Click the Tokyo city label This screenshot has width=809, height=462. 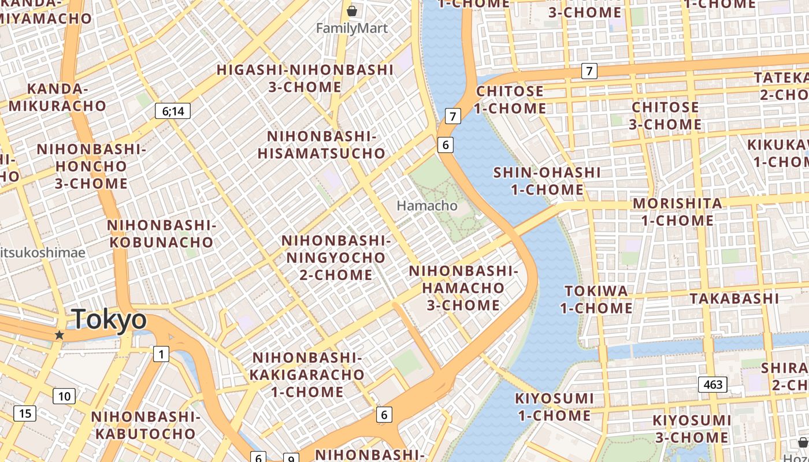click(109, 320)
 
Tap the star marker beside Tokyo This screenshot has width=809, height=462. click(59, 335)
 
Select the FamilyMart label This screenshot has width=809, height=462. click(351, 28)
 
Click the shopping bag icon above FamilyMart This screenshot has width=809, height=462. click(351, 11)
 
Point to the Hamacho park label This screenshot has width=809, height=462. click(427, 206)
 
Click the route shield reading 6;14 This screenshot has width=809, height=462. click(173, 111)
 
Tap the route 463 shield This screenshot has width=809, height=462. click(712, 384)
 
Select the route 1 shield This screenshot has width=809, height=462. click(161, 354)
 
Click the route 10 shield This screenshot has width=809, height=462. click(64, 396)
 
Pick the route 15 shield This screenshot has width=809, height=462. click(25, 413)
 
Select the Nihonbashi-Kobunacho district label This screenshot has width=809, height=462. click(161, 233)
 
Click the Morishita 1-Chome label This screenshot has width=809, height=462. click(677, 212)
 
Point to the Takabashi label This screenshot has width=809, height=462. click(734, 299)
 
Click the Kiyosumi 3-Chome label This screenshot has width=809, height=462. click(692, 429)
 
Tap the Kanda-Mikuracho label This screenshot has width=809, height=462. click(57, 98)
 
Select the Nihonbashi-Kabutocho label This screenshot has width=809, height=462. click(146, 425)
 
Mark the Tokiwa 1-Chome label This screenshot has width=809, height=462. click(596, 299)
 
